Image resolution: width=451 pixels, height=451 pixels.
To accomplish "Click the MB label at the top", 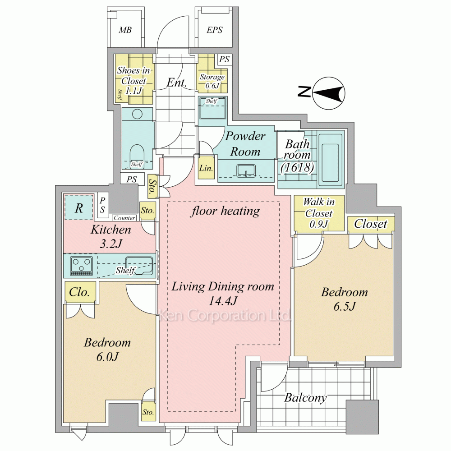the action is (x=125, y=30).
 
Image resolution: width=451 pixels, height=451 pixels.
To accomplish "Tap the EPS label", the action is (x=215, y=30).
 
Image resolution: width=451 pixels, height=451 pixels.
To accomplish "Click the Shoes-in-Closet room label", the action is (x=134, y=80).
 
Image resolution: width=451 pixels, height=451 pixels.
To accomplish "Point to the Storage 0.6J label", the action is (x=212, y=81).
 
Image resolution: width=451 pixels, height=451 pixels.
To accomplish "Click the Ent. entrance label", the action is (x=177, y=83).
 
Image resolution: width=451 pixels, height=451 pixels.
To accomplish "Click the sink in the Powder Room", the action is (x=246, y=170).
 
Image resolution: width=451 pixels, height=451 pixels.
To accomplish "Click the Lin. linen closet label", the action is (x=206, y=168).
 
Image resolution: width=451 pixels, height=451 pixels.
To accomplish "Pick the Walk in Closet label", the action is (x=319, y=213).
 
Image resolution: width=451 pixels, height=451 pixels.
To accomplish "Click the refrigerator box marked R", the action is (x=78, y=207).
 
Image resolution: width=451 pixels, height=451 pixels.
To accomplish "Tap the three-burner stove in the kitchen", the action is (x=82, y=266).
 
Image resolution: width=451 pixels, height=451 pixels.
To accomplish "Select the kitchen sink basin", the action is (x=139, y=266).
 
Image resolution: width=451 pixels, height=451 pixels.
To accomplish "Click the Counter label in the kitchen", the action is (x=124, y=218).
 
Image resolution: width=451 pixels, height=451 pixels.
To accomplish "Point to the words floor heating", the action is (x=225, y=211).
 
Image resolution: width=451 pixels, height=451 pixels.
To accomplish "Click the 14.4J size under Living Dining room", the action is (x=223, y=301).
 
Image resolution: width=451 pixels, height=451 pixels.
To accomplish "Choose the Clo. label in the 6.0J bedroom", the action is (x=79, y=292).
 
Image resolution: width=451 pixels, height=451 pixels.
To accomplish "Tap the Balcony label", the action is (x=305, y=398).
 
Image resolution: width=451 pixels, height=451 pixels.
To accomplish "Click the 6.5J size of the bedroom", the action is (x=344, y=306).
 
